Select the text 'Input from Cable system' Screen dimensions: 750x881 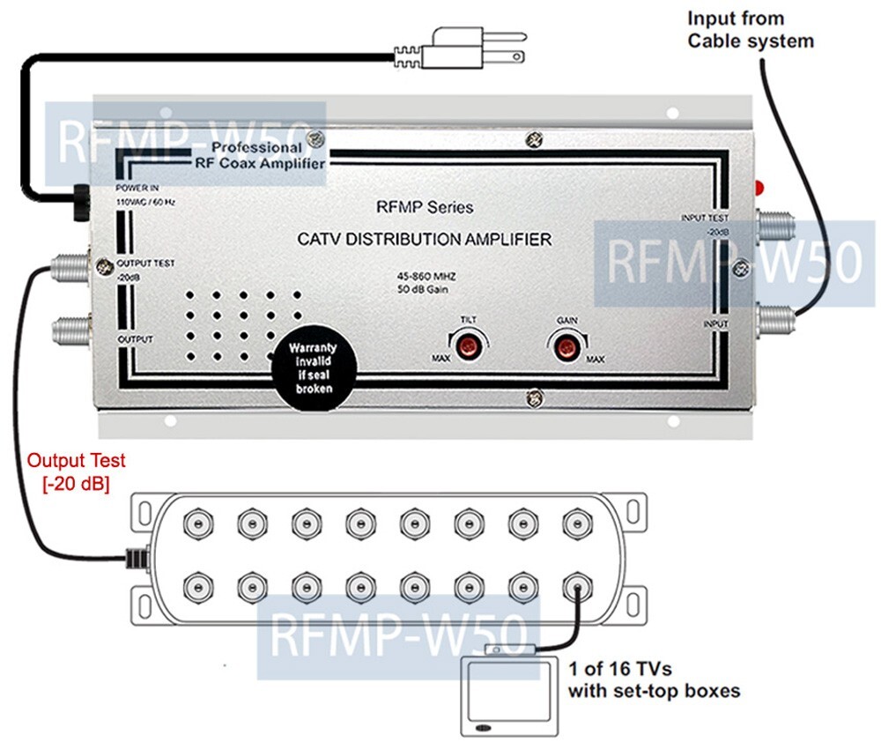click(x=750, y=29)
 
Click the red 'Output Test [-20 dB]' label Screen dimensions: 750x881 click(x=76, y=471)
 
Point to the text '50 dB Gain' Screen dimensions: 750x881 click(x=424, y=291)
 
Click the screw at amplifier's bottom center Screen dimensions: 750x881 click(x=531, y=397)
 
